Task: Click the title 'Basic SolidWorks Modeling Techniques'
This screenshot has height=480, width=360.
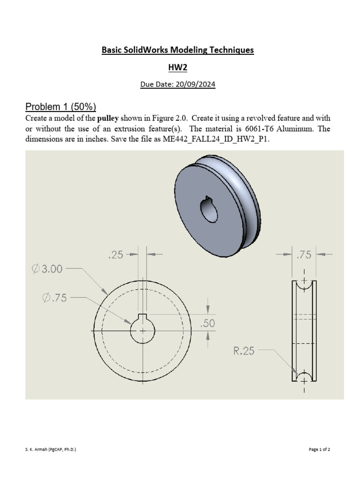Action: pos(178,50)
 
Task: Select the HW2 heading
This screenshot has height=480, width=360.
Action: pos(178,67)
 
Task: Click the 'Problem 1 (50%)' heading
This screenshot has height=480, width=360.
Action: pos(60,106)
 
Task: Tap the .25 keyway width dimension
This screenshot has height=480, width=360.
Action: pos(116,255)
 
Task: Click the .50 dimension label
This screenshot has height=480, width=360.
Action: pos(208,323)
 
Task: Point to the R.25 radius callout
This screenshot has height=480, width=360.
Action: pos(244,350)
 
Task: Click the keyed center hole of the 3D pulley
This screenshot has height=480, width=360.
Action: pos(209,210)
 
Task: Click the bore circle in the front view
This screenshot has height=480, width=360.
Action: pos(142,330)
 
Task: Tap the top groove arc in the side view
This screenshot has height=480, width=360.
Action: pos(304,285)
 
